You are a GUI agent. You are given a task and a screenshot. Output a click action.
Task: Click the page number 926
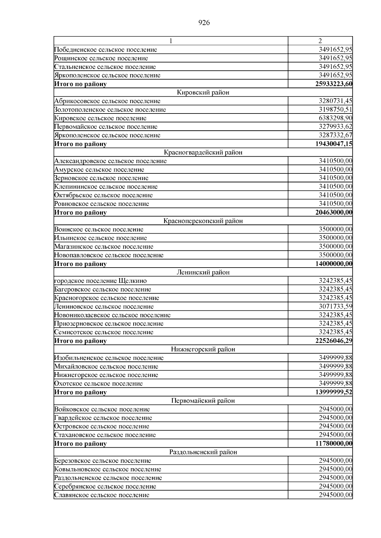point(204,23)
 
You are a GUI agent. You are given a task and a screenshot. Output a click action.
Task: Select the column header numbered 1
point(171,41)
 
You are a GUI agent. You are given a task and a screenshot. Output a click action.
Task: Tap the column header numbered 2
point(320,41)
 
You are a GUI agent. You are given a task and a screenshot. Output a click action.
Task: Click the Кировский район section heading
point(203,93)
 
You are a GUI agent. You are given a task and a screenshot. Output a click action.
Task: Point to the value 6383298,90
point(335,118)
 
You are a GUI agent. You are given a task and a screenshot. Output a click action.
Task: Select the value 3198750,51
point(335,110)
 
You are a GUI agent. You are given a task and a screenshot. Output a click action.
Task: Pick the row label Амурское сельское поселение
point(99,170)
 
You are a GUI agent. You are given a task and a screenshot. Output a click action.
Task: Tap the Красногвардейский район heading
point(203,152)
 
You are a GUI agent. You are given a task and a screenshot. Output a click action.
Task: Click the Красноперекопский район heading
point(203,221)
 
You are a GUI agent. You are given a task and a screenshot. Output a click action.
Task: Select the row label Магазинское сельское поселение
point(104,247)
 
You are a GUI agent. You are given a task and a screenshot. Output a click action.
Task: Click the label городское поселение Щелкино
point(101,281)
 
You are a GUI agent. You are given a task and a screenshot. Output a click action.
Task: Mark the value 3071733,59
point(335,307)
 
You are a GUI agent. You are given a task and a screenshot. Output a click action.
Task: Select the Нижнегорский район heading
point(203,349)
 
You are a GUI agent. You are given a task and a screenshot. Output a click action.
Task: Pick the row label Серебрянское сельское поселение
point(105,486)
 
